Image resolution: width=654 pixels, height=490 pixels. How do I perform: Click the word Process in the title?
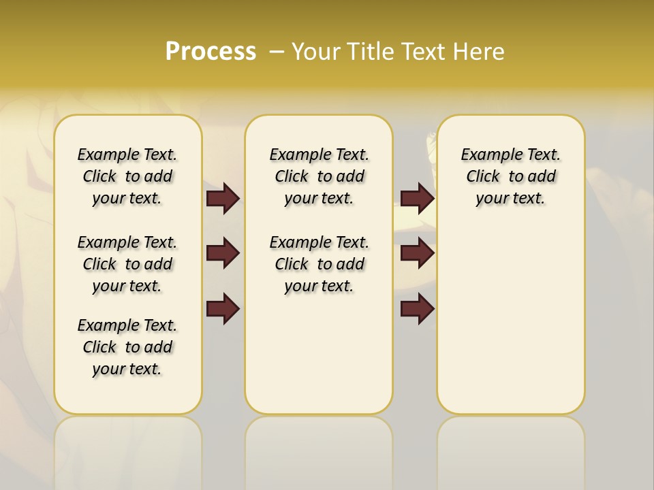pos(211,51)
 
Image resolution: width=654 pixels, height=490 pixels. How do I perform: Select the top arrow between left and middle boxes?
pos(223,198)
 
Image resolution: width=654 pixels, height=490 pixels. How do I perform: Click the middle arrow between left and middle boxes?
pos(223,254)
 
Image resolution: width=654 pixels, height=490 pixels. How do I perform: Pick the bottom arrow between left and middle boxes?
pos(223,309)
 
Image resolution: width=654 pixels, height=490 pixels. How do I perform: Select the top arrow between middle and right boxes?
pos(417,198)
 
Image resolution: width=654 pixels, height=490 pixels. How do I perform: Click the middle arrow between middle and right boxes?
pos(417,254)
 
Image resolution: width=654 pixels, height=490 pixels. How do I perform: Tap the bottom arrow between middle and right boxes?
pos(417,309)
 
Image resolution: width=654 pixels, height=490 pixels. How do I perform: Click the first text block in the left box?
pos(127,176)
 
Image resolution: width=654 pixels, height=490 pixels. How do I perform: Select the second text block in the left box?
pos(127,264)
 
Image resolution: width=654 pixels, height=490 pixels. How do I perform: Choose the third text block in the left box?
pos(127,347)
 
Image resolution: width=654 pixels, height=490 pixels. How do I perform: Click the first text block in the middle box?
pos(319,176)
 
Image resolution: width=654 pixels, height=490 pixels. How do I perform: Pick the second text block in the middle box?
pos(319,264)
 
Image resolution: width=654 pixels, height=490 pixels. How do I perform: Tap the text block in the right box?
pos(510,176)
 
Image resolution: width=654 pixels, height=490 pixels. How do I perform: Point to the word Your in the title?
pos(317,51)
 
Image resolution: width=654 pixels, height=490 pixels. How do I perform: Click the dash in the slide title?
pos(277,51)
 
